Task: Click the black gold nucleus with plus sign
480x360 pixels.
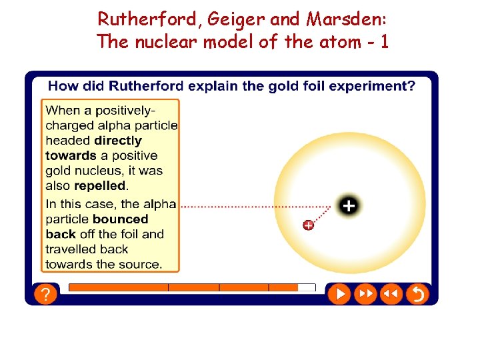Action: click(x=348, y=206)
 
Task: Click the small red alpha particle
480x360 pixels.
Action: click(x=308, y=225)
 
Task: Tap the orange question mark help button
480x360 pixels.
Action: click(x=45, y=293)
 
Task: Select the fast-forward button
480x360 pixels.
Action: click(x=365, y=293)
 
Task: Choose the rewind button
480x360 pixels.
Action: click(x=391, y=293)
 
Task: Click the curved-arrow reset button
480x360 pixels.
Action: click(x=417, y=293)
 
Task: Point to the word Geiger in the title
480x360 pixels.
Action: click(x=235, y=20)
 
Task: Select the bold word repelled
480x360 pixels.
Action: click(x=99, y=186)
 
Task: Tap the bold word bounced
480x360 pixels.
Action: click(x=120, y=219)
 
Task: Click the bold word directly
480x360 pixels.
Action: click(x=118, y=141)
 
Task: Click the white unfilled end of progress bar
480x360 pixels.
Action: click(x=306, y=287)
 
